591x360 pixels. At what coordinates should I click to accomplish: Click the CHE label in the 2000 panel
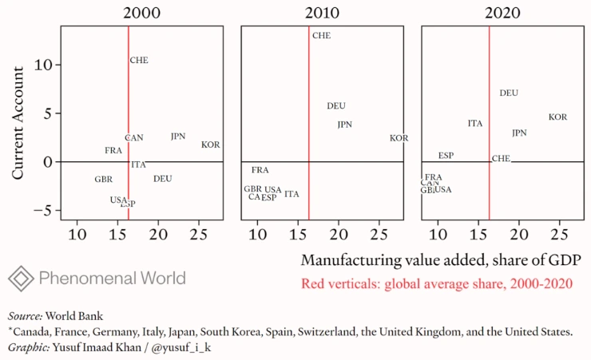coord(139,61)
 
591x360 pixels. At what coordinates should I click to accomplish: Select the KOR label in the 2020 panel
coord(557,117)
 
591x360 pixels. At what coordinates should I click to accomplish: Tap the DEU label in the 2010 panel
coord(336,106)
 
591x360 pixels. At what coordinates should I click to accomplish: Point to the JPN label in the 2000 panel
coord(178,136)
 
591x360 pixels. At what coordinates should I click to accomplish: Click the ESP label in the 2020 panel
coord(446,156)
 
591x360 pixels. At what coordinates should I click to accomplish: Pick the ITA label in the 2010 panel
coord(292,194)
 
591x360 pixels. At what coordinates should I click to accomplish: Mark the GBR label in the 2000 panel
coord(103,180)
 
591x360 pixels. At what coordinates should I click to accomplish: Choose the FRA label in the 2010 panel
coord(260,170)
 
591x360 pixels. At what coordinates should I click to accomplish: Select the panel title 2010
coord(322,13)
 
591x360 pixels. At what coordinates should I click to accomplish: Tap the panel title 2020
coord(502,13)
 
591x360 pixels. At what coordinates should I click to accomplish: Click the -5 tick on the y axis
coord(46,211)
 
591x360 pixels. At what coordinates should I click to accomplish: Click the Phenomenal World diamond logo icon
coord(21,278)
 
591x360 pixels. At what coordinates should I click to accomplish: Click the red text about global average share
coord(437,283)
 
